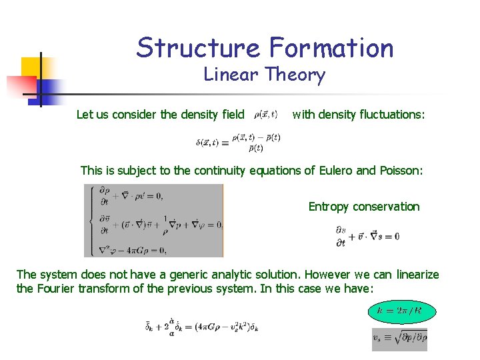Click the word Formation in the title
click(331, 48)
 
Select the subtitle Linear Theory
click(264, 75)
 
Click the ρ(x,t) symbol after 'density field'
click(267, 114)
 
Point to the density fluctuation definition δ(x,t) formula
click(238, 143)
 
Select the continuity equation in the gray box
click(131, 195)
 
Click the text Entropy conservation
click(364, 207)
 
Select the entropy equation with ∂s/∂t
click(367, 236)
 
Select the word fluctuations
click(389, 114)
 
